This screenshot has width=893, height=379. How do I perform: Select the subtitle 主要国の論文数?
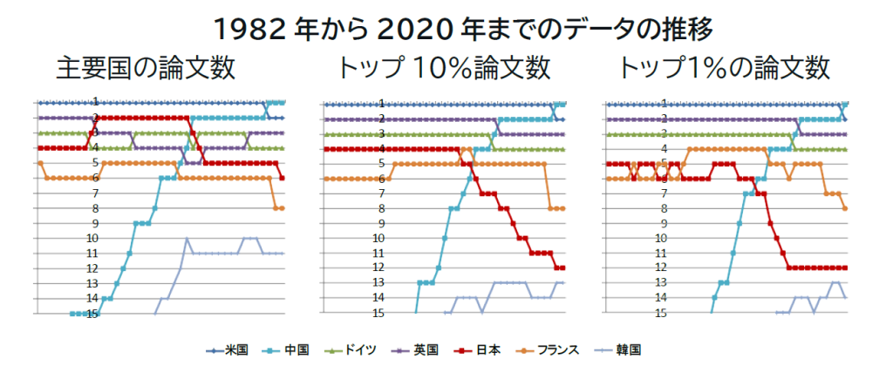[x=146, y=68]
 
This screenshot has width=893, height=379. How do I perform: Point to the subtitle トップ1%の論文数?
[x=723, y=68]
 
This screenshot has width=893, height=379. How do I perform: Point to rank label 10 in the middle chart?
[x=380, y=238]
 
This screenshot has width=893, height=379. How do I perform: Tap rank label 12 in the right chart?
[x=663, y=267]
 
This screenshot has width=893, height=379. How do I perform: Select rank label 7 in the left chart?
[x=95, y=193]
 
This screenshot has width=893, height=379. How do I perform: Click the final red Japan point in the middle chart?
[x=563, y=267]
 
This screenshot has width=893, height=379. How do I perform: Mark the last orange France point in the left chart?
[x=282, y=208]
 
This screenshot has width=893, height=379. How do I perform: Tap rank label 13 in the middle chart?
[x=380, y=283]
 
